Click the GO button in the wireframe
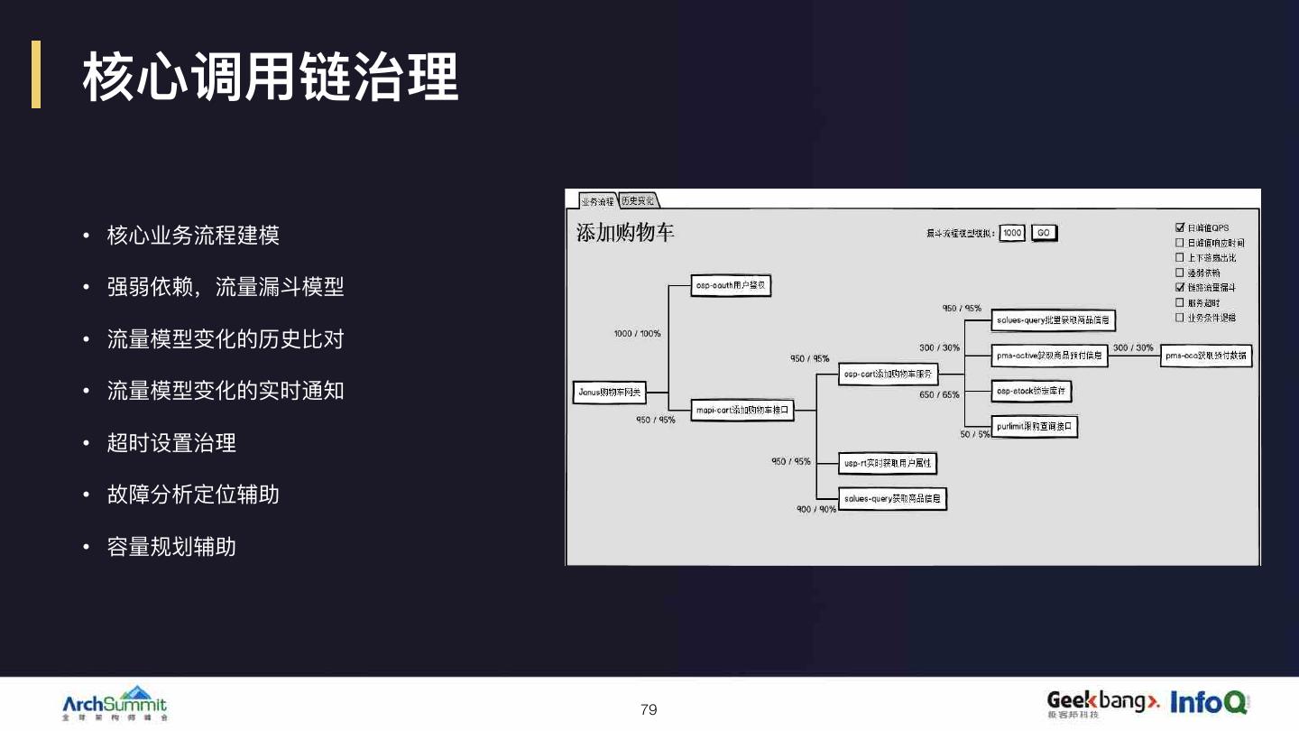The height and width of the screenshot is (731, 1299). [1044, 233]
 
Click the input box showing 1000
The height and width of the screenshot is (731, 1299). [1012, 233]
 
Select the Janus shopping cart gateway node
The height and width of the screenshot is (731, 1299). [611, 393]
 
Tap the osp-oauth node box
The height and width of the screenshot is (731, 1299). [732, 285]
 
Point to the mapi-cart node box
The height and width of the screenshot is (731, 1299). [742, 411]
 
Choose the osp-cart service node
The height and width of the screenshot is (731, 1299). [889, 374]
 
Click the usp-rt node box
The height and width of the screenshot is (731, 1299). [888, 463]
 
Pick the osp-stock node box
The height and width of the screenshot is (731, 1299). [1032, 392]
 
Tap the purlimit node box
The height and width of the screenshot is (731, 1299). [1035, 427]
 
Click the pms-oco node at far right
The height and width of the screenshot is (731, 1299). [1205, 356]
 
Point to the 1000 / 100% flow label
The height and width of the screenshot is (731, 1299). [637, 334]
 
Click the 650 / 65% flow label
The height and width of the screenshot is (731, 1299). [939, 395]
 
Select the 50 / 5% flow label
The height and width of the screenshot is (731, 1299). [974, 434]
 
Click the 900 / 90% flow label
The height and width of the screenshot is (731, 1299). [815, 510]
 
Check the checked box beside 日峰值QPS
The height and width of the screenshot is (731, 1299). [1179, 228]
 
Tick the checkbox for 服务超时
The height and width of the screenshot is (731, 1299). [1179, 302]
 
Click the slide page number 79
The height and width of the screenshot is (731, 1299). [649, 709]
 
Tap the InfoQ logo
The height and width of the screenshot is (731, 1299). [1209, 701]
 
